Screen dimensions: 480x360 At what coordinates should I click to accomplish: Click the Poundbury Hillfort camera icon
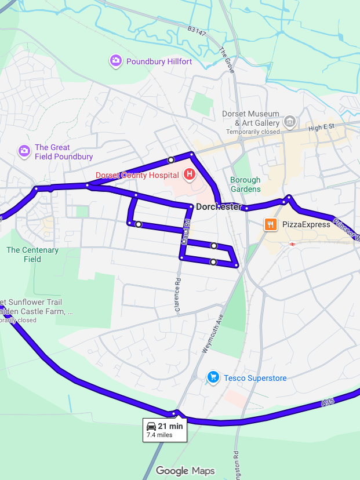[116, 61]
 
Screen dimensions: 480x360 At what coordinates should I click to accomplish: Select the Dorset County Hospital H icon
[189, 174]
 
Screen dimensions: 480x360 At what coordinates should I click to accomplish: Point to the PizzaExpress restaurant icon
[270, 224]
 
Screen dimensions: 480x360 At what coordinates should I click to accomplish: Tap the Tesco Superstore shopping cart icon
[213, 377]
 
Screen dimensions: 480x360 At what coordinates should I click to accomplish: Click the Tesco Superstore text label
[254, 379]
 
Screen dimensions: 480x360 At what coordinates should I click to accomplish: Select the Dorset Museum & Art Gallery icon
[290, 122]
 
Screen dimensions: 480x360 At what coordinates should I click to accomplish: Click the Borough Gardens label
[245, 184]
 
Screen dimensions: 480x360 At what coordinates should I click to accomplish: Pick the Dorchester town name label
[219, 207]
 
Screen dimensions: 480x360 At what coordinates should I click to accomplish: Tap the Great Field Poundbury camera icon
[24, 151]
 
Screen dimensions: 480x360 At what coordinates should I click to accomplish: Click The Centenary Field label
[32, 254]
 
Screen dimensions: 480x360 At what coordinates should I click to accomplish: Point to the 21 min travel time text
[170, 426]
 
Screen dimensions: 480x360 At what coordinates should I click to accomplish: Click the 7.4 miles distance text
[159, 435]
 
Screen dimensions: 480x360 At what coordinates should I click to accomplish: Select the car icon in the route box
[151, 426]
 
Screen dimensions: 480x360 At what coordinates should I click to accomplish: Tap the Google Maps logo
[185, 471]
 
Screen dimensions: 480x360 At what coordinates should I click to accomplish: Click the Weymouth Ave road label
[213, 336]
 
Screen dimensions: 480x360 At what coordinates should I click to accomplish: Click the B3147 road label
[197, 30]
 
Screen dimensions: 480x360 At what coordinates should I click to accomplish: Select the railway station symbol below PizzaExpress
[293, 244]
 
